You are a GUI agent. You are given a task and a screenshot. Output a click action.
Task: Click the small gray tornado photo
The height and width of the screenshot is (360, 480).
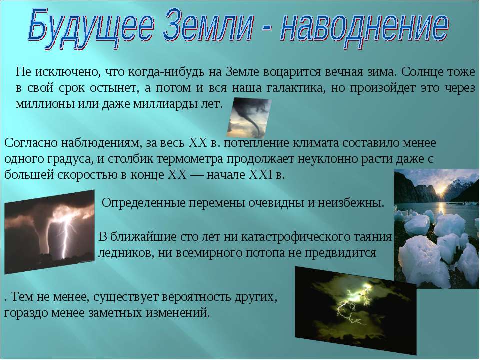(x=249, y=118)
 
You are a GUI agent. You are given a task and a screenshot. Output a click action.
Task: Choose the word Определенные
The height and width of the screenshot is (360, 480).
(x=143, y=203)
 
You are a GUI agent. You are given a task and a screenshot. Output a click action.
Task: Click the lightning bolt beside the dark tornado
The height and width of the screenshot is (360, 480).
(x=66, y=235)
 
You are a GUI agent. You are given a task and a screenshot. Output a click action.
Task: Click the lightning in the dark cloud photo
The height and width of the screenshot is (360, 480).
(x=353, y=304)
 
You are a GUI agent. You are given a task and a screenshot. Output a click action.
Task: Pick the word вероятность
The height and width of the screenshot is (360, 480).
(x=197, y=297)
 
